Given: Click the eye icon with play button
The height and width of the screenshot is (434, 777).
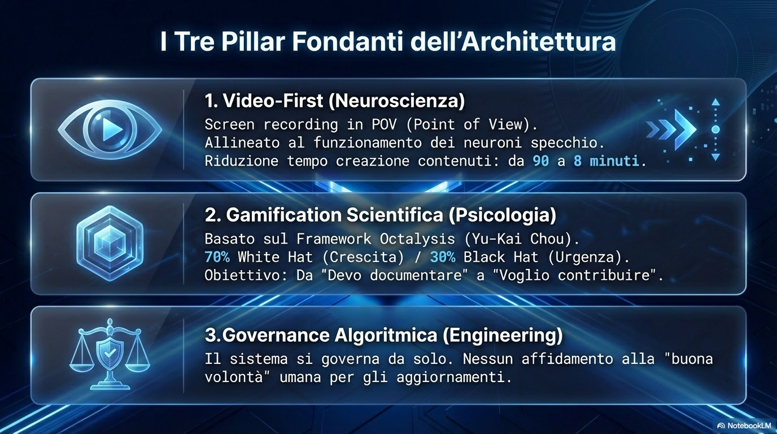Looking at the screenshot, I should (110, 130).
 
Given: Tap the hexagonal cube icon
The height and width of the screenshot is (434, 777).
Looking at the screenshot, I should (110, 243).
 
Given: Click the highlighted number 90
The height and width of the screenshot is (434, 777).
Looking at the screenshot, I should (540, 161).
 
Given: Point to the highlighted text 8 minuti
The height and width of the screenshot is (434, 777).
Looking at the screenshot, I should (606, 161).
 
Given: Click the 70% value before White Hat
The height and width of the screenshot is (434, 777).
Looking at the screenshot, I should (217, 257).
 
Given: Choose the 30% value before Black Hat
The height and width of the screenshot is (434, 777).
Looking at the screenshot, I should (442, 257).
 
